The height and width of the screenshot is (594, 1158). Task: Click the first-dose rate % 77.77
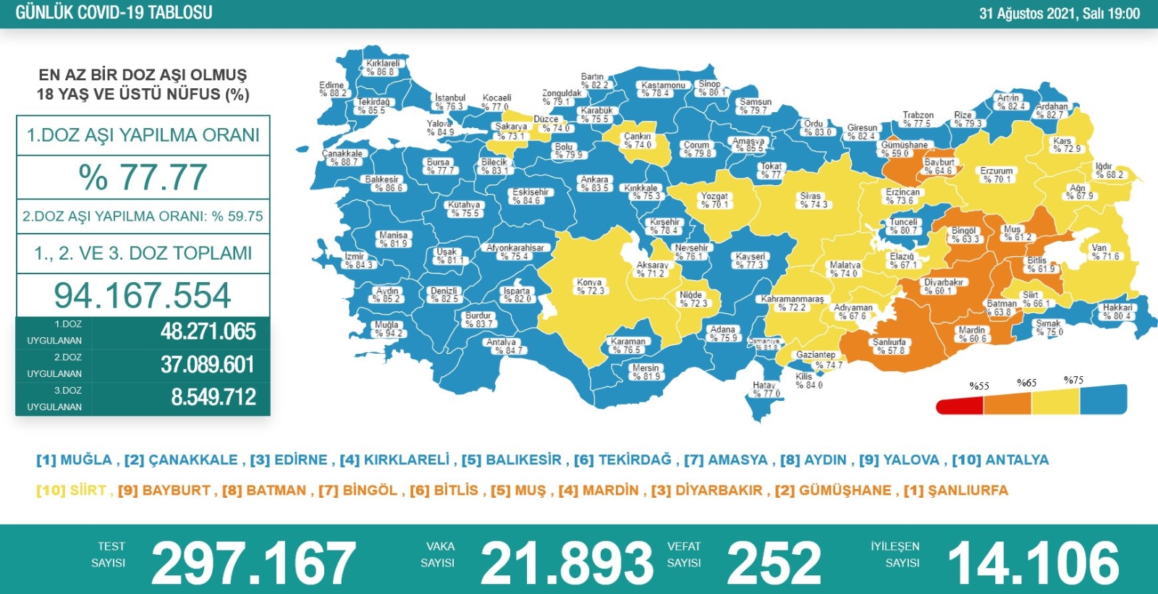[x=143, y=177]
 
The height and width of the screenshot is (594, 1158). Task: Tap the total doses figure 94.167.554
[x=143, y=295]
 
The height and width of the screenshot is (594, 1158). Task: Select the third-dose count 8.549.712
[x=214, y=397]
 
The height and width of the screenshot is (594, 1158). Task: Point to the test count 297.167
[x=253, y=563]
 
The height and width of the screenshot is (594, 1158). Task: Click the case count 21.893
[x=567, y=563]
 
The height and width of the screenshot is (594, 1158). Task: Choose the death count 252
[x=774, y=563]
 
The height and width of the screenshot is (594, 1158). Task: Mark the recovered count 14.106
[x=1034, y=563]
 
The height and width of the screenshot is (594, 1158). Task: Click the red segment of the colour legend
[x=959, y=406]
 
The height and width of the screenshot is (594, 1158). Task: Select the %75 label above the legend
[x=1073, y=381]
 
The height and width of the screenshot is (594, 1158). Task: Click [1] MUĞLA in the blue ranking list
[x=74, y=460]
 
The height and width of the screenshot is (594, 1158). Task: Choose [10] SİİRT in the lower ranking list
[x=71, y=491]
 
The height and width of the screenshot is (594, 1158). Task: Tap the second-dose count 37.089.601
[x=207, y=365]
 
